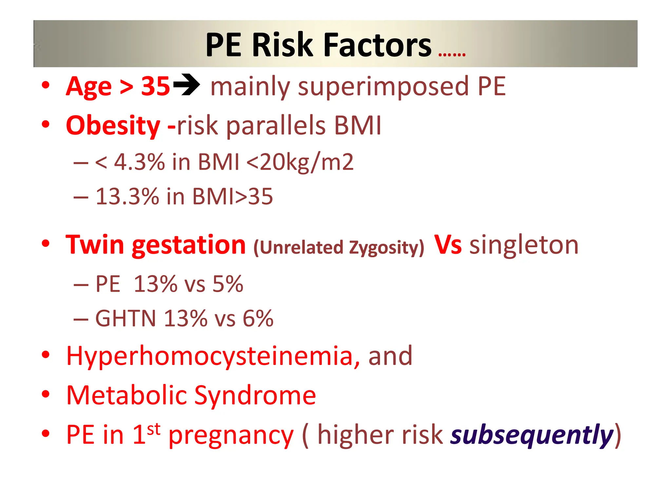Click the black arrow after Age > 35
pyautogui.click(x=186, y=85)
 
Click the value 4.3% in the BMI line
pyautogui.click(x=139, y=162)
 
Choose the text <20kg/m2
pyautogui.click(x=300, y=162)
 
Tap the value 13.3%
pyautogui.click(x=127, y=197)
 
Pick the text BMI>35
pyautogui.click(x=232, y=197)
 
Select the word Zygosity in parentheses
pyautogui.click(x=386, y=247)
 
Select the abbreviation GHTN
pyautogui.click(x=125, y=318)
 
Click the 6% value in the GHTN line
pyautogui.click(x=258, y=318)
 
